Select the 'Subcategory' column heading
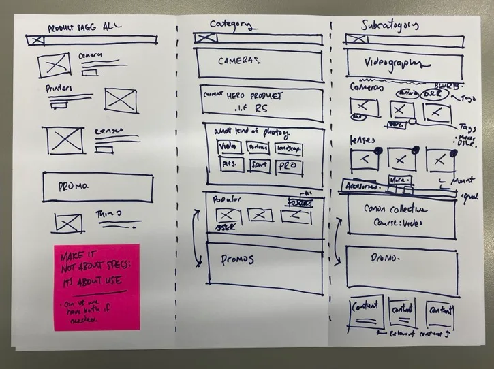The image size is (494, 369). (x=389, y=26)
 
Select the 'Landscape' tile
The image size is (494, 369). (x=290, y=147)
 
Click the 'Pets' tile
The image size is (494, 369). (x=227, y=164)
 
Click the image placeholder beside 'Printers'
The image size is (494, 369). (x=121, y=100)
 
